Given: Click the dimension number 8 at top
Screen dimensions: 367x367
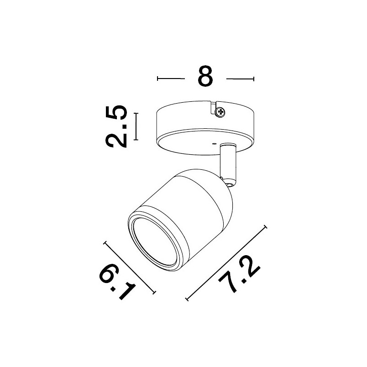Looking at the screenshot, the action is coord(205,76).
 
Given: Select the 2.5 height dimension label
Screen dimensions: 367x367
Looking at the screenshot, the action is coord(116,126).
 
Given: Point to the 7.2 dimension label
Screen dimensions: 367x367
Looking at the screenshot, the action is coord(239,275).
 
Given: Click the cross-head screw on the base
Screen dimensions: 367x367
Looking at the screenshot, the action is coord(220,112).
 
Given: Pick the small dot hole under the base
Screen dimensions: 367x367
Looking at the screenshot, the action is coord(214,144).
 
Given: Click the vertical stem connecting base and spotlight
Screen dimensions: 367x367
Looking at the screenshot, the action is coord(228,162).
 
